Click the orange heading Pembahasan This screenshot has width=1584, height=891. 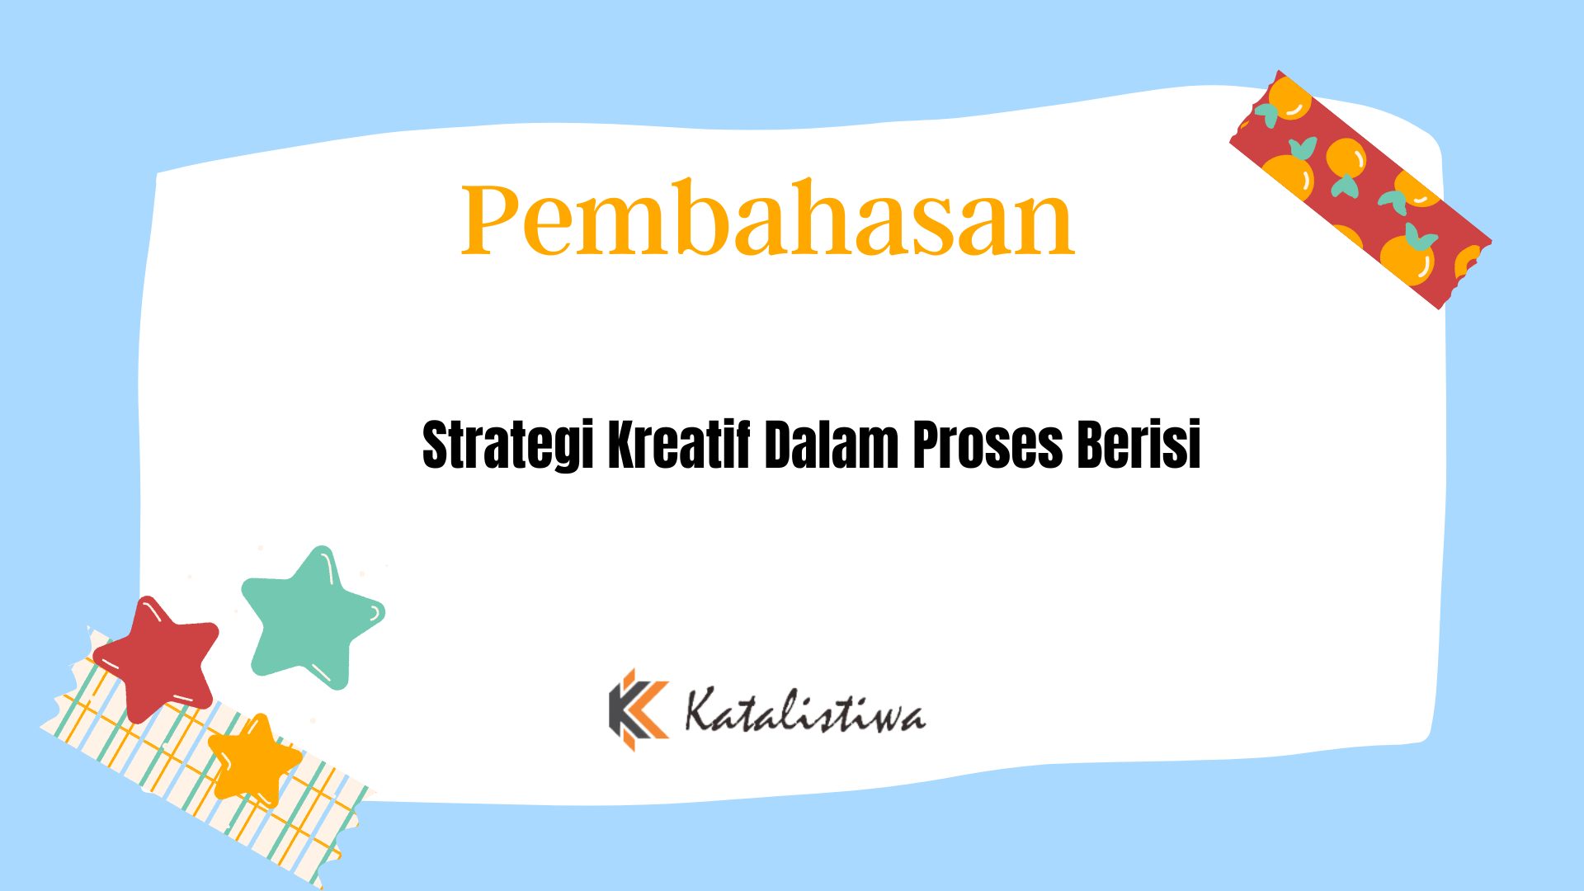[767, 218]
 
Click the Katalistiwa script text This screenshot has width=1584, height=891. [805, 712]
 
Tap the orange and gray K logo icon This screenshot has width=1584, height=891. [638, 709]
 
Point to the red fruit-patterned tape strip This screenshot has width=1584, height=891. [1360, 190]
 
